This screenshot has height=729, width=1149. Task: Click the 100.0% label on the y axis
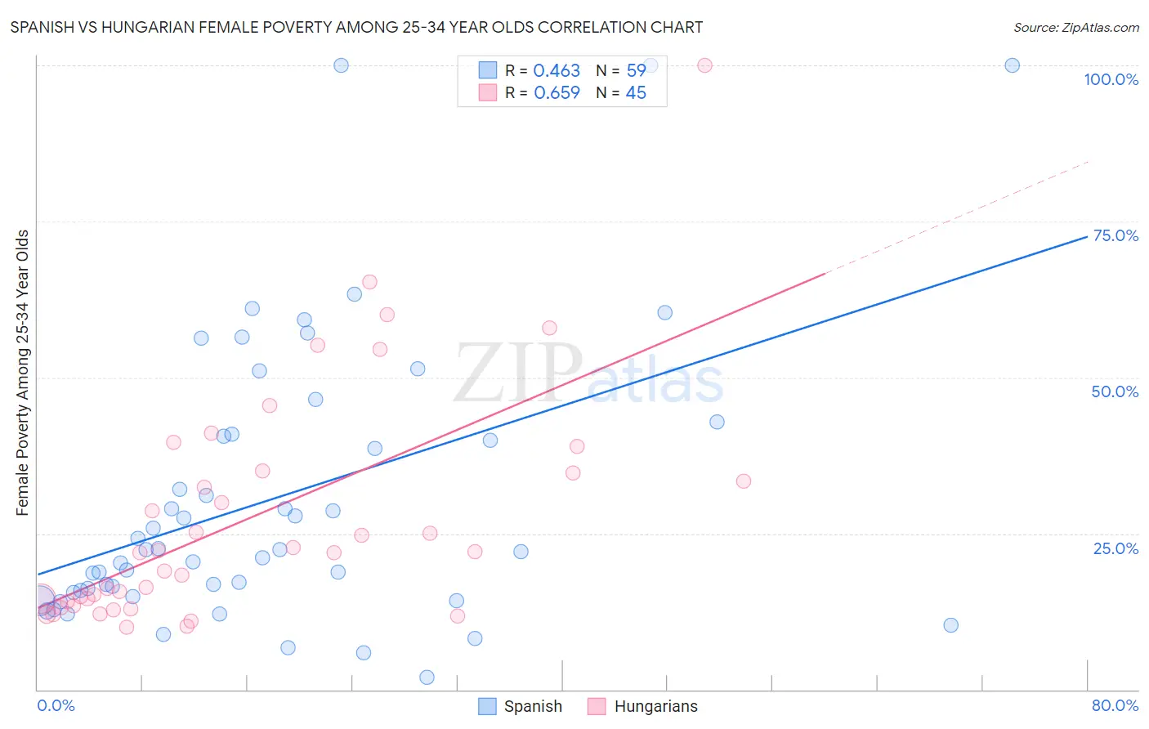coord(1111,79)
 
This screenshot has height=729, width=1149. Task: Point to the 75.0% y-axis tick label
coord(1115,235)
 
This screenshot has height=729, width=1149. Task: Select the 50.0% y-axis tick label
coord(1115,391)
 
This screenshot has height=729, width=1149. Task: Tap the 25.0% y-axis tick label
coord(1115,548)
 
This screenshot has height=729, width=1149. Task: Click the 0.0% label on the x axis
coord(56,705)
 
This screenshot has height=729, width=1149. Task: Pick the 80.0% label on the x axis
coord(1115,705)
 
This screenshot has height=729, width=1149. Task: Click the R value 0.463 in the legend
coord(557,71)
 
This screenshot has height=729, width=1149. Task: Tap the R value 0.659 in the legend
coord(557,93)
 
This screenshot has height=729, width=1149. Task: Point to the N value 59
coord(636,71)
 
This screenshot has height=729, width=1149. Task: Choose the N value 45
coord(636,93)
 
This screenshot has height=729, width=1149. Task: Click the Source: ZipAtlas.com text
coord(1075,28)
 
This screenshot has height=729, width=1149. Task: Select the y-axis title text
coord(23,373)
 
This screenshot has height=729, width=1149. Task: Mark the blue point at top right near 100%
coord(1012,65)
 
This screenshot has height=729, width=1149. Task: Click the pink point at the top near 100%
coord(704,65)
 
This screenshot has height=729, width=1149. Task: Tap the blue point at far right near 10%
coord(950,625)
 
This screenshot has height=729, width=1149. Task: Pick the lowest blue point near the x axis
coord(427,678)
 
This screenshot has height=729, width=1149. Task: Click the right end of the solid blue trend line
coord(1087,236)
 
